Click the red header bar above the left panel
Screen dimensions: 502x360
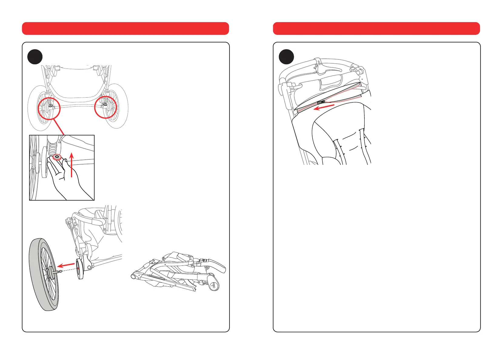[x=125, y=28]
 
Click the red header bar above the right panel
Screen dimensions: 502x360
[x=376, y=28]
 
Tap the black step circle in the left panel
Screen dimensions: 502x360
[x=35, y=57]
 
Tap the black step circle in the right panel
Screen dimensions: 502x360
[x=286, y=57]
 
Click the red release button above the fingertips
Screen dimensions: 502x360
[x=57, y=157]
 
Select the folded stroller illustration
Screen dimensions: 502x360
[x=179, y=271]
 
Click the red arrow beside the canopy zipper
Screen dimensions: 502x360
[x=324, y=107]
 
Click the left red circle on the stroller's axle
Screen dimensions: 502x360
[x=49, y=108]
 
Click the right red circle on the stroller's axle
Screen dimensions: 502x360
[x=105, y=107]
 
